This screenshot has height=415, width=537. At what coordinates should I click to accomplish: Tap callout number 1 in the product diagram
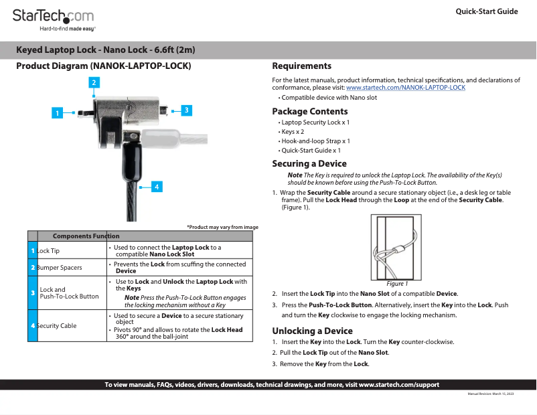(x=58, y=113)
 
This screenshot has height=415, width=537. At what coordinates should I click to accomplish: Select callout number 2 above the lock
(x=94, y=82)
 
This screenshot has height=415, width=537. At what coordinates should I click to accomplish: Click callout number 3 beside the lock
(x=186, y=110)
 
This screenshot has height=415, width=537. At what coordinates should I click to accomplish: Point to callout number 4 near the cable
(x=156, y=187)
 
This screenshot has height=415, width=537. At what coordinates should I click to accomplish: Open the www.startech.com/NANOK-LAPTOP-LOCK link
(x=405, y=88)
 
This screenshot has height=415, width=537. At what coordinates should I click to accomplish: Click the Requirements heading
(x=301, y=66)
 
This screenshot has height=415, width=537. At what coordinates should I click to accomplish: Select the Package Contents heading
(x=309, y=111)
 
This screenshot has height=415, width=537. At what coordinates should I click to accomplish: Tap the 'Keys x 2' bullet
(x=294, y=132)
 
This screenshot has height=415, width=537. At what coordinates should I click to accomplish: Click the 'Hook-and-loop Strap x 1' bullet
(x=315, y=141)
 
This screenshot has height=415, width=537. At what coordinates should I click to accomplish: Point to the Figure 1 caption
(x=397, y=284)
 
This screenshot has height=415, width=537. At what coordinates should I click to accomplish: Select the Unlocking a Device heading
(x=312, y=331)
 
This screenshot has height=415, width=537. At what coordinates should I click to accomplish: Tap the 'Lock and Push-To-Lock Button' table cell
(x=69, y=293)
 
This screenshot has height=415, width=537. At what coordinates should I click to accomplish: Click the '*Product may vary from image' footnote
(x=222, y=227)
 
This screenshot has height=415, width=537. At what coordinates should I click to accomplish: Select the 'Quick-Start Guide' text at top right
(x=487, y=11)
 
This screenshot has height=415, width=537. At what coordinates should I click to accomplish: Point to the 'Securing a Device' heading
(x=309, y=163)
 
